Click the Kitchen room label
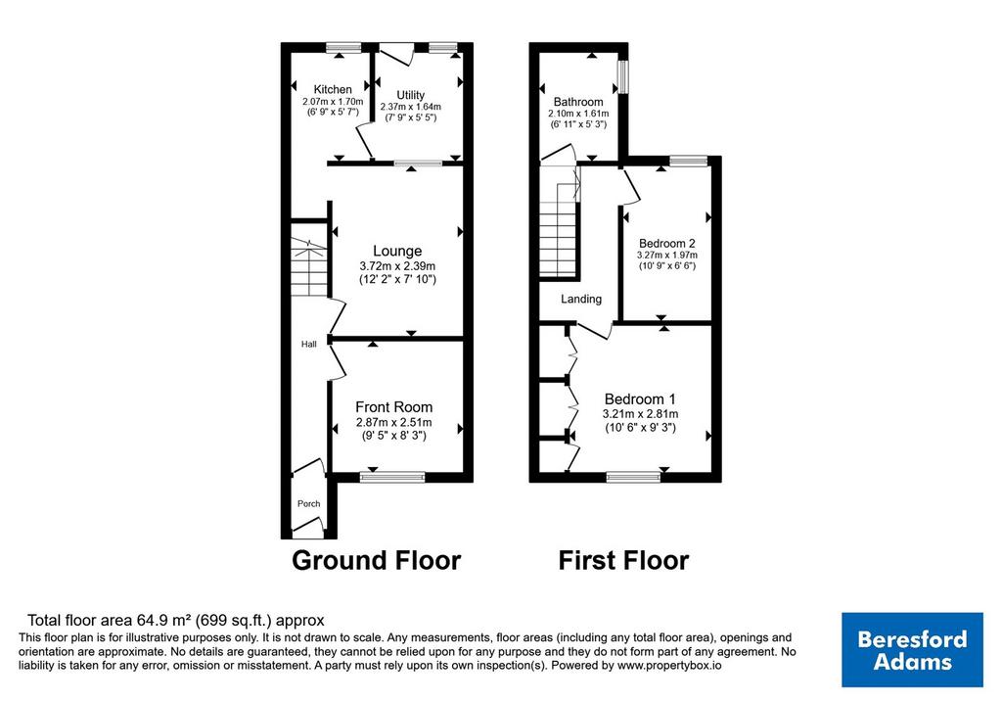click(x=333, y=89)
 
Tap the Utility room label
click(x=410, y=95)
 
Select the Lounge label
click(x=397, y=252)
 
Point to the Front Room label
click(x=393, y=407)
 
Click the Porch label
click(x=308, y=504)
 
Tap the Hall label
click(x=309, y=344)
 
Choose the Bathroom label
click(x=578, y=102)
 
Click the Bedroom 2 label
click(x=667, y=243)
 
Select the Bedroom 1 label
click(x=640, y=398)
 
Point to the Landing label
click(x=581, y=299)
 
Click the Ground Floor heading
click(x=377, y=561)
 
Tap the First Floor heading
click(x=623, y=561)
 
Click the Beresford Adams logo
click(x=912, y=649)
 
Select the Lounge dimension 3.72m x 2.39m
click(x=397, y=266)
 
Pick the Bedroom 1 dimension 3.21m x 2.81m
click(x=640, y=413)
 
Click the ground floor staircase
click(x=309, y=266)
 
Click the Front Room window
click(x=392, y=476)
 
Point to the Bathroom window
click(x=623, y=76)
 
